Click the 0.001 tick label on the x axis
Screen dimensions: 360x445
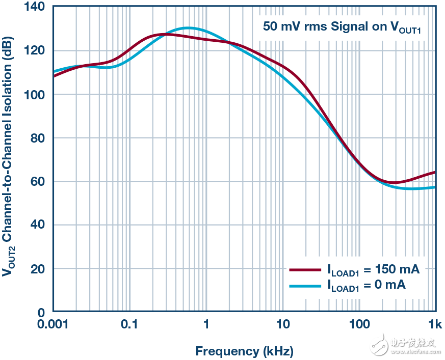point(54,325)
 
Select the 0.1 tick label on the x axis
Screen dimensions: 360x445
point(130,325)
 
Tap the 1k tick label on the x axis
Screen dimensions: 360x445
point(435,325)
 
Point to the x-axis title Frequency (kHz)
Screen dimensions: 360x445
point(244,351)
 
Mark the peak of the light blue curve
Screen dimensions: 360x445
point(188,28)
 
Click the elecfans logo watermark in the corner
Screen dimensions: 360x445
point(408,345)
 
